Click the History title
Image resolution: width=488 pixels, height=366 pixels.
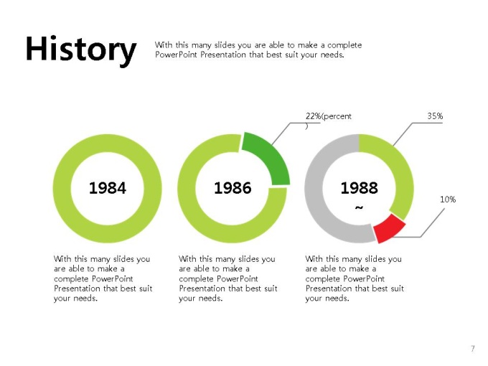pyautogui.click(x=81, y=50)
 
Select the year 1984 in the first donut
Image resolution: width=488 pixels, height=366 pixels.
pyautogui.click(x=108, y=188)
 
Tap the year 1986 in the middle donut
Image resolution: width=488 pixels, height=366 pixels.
pyautogui.click(x=233, y=188)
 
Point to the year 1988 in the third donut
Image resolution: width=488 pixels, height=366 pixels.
pyautogui.click(x=359, y=188)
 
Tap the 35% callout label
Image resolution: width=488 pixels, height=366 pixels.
pyautogui.click(x=435, y=116)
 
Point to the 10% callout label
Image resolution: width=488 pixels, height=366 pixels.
pyautogui.click(x=448, y=200)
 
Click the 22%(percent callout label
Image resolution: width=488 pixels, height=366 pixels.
pyautogui.click(x=329, y=116)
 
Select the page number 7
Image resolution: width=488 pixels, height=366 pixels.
pyautogui.click(x=473, y=348)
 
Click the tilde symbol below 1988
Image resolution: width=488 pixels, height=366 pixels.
pyautogui.click(x=359, y=207)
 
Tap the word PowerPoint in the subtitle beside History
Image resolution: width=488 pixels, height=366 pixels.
pyautogui.click(x=176, y=55)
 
